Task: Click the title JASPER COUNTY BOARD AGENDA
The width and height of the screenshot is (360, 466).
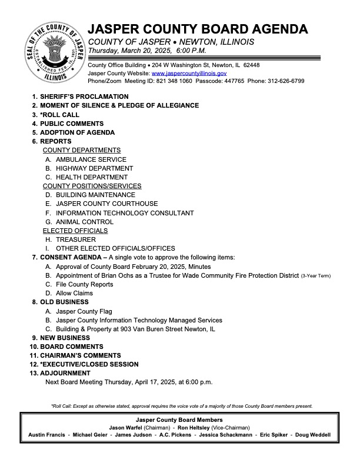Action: pos(198,30)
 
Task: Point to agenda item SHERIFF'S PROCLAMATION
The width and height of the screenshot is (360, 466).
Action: pos(84,96)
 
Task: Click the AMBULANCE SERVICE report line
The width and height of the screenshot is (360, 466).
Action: pos(91,159)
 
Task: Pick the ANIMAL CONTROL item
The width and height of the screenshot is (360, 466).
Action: pos(84,222)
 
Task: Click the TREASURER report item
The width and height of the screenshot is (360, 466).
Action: pos(75,239)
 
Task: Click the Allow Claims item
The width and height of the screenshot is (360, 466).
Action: pos(74,293)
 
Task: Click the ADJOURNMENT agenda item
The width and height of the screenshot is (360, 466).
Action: pos(66,373)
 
